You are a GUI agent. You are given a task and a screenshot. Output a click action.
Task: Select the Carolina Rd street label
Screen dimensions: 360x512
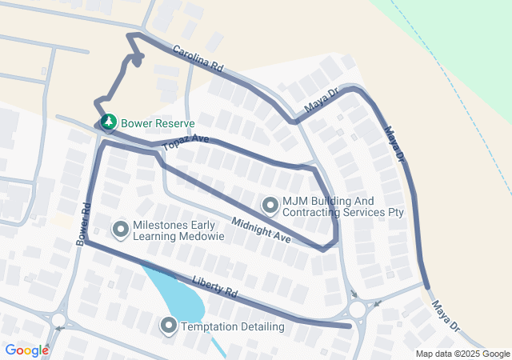(197, 58)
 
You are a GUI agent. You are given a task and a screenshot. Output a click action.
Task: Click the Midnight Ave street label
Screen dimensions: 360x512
(261, 230)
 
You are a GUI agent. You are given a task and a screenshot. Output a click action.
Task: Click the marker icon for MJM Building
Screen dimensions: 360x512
(270, 206)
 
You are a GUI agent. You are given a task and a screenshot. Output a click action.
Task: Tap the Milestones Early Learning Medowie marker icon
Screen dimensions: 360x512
(122, 230)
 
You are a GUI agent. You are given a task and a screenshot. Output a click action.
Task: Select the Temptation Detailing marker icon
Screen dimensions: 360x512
(169, 326)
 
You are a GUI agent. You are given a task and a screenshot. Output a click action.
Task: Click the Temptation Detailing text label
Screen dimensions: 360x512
(232, 326)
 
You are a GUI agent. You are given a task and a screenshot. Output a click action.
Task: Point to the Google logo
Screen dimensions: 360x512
(26, 350)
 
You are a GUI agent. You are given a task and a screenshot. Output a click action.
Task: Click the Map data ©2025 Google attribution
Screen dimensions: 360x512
(462, 354)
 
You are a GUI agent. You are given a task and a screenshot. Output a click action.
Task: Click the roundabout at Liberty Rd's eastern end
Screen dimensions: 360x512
(358, 309)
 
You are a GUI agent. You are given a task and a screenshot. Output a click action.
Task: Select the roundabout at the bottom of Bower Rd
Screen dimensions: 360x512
(58, 320)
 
